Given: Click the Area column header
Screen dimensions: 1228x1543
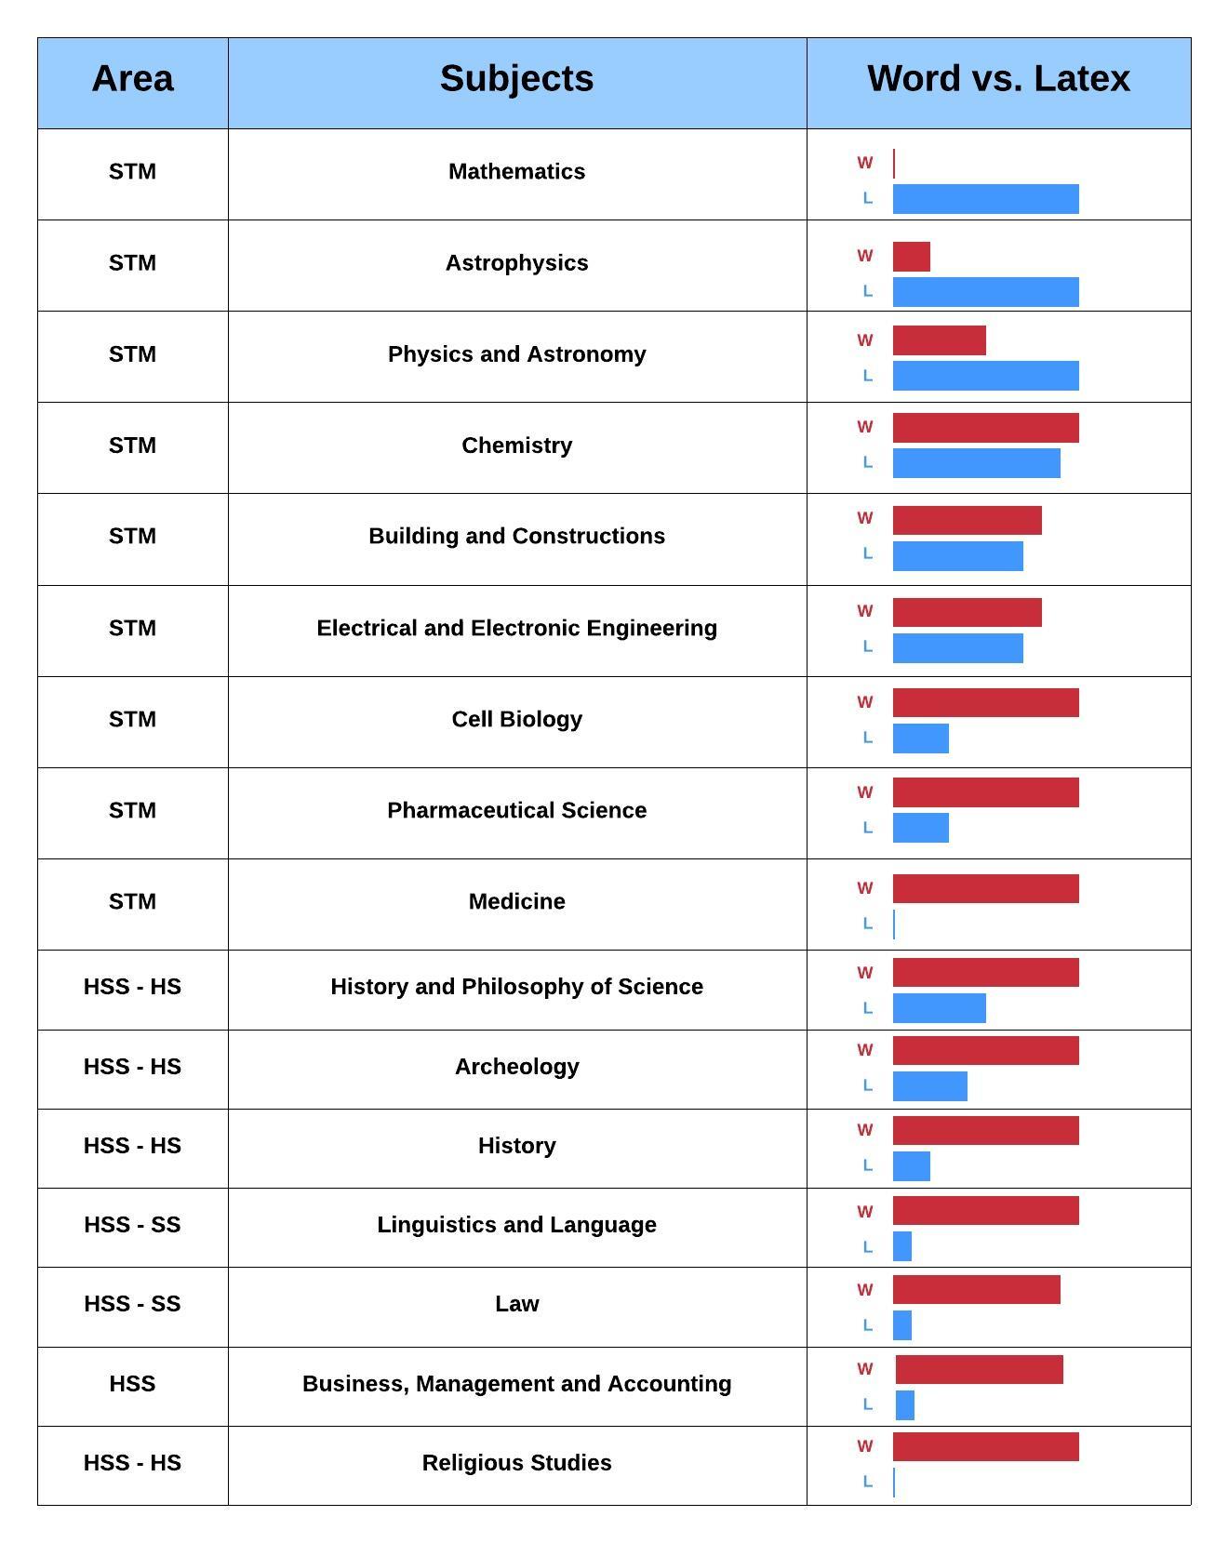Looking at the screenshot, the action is point(132,79).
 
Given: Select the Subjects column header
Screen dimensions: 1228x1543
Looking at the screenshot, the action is point(516,79).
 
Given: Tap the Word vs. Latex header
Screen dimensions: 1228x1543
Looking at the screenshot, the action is point(998,79).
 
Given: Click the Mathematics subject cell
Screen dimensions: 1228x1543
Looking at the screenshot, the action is point(516,171).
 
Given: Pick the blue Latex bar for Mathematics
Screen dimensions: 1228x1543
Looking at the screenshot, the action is point(985,199).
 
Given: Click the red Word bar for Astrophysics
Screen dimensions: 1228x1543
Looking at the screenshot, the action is point(911,257).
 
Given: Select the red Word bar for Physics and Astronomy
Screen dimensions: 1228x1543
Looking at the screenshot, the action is point(939,340).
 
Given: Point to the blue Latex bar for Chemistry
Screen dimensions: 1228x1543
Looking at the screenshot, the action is point(976,463).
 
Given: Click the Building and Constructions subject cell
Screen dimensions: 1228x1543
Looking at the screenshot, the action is point(516,536).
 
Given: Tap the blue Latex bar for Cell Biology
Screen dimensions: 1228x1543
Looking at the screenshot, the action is point(920,738).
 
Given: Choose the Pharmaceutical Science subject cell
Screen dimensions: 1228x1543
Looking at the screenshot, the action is point(516,810).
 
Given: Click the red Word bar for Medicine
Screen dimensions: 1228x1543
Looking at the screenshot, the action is point(985,888).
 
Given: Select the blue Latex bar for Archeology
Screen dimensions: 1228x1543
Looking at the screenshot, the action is point(929,1086).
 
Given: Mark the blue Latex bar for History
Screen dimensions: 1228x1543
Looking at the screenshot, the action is point(911,1166).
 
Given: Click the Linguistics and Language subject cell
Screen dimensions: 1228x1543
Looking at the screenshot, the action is point(516,1225).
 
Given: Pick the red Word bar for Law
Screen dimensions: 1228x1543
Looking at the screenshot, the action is point(976,1289).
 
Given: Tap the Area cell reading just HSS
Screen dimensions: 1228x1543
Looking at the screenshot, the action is point(132,1384).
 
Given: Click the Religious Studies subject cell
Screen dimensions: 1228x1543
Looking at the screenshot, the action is point(516,1463).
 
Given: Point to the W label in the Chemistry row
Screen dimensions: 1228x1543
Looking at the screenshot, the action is point(865,427).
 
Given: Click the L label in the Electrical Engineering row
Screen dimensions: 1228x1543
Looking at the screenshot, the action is point(868,646).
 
